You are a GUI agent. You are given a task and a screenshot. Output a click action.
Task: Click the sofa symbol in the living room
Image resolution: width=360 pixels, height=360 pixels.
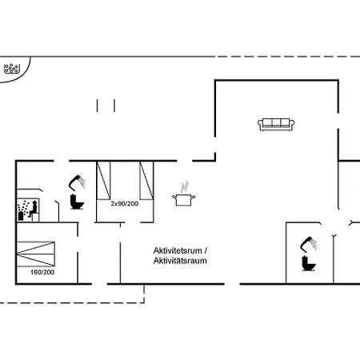click(x=276, y=125)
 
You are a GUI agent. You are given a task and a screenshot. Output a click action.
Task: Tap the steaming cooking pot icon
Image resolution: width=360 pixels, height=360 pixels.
click(x=184, y=194)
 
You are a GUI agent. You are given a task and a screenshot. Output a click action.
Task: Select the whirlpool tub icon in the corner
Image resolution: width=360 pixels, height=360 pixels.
click(x=12, y=69)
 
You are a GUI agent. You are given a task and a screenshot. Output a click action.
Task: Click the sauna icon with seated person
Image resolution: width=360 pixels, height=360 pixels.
click(x=28, y=210)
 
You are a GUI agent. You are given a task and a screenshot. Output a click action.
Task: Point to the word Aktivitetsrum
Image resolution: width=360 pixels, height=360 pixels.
click(x=178, y=250)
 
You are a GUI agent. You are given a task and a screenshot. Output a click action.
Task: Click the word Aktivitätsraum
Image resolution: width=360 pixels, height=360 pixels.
click(x=180, y=261)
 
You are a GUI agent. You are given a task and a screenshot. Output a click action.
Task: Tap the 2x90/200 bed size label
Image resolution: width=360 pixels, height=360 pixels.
click(x=125, y=204)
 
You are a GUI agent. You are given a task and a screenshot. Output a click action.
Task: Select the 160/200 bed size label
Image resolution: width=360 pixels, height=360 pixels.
click(x=42, y=272)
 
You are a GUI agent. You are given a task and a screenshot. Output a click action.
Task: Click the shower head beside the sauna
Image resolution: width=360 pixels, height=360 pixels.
click(x=77, y=182)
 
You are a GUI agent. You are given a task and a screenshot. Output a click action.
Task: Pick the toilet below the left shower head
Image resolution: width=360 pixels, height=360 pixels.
click(x=77, y=202)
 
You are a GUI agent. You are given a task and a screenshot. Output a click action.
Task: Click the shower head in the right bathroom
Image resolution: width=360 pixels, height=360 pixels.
click(x=309, y=244)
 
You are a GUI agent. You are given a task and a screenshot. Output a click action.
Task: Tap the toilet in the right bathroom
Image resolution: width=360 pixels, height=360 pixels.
click(x=309, y=263)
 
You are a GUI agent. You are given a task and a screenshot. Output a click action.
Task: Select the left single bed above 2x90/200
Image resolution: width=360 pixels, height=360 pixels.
click(x=103, y=181)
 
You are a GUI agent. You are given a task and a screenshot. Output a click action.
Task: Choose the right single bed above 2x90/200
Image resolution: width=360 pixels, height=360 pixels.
click(x=146, y=181)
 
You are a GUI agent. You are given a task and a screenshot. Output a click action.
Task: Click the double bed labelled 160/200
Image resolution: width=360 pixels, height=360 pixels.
click(x=36, y=254)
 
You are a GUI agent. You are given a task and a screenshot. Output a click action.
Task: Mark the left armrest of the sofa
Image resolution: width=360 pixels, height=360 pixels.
click(x=260, y=125)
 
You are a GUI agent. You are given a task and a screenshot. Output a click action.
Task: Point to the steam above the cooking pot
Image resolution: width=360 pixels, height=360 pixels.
click(x=184, y=186)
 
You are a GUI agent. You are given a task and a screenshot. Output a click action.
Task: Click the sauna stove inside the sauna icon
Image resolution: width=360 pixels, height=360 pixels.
click(x=21, y=215)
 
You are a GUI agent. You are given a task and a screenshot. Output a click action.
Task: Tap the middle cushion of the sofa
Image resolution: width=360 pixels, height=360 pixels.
click(x=276, y=122)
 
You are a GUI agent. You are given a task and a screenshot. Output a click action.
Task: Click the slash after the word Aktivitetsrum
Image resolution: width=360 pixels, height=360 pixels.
click(x=206, y=250)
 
